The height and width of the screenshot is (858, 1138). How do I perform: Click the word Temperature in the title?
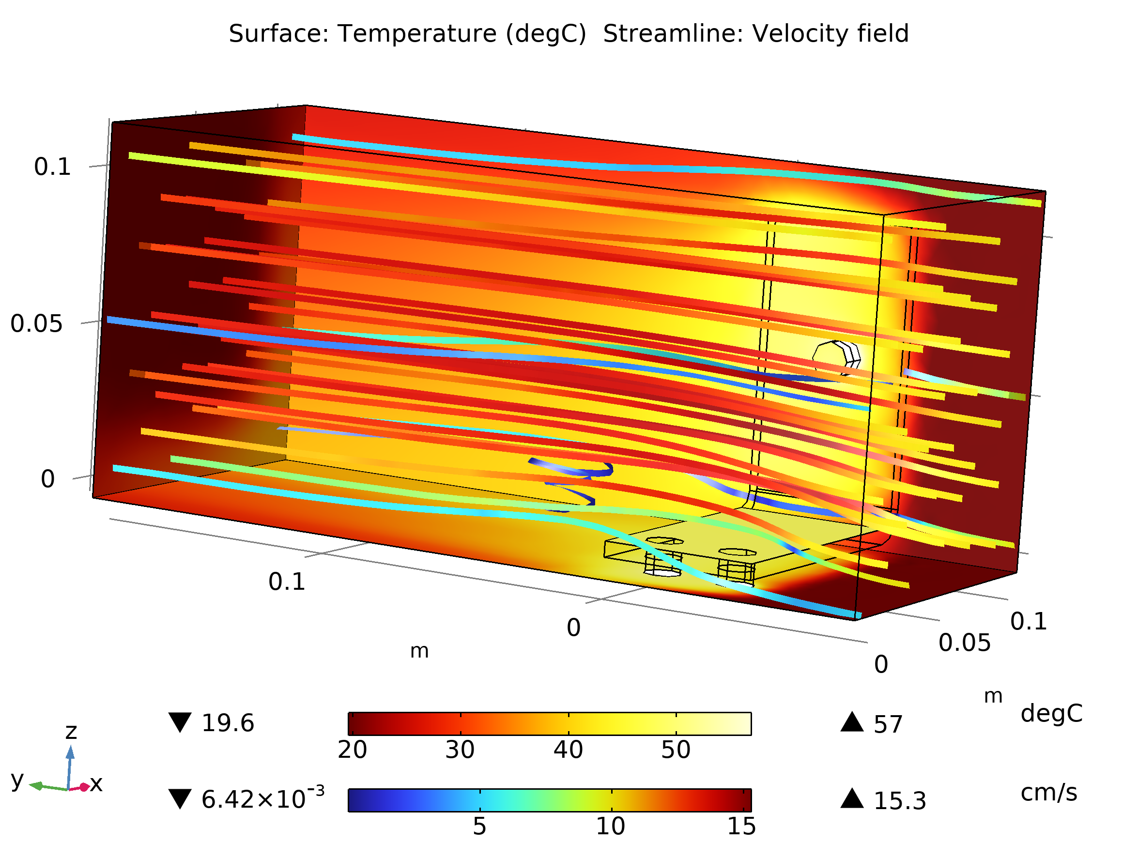click(417, 34)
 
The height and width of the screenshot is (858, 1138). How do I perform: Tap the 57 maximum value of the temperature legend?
click(888, 725)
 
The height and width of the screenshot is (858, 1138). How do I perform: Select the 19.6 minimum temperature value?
click(228, 724)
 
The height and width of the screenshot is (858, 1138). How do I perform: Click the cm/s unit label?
click(1048, 793)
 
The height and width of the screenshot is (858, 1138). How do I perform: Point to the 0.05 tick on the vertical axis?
click(36, 324)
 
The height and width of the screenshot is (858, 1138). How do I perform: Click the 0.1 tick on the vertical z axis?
click(52, 167)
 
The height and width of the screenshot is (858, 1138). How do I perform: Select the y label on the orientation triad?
click(17, 780)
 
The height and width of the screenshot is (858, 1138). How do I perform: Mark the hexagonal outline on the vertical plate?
click(836, 358)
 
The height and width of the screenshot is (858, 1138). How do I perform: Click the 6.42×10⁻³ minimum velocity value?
click(262, 799)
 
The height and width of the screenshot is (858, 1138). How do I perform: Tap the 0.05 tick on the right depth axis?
click(964, 643)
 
